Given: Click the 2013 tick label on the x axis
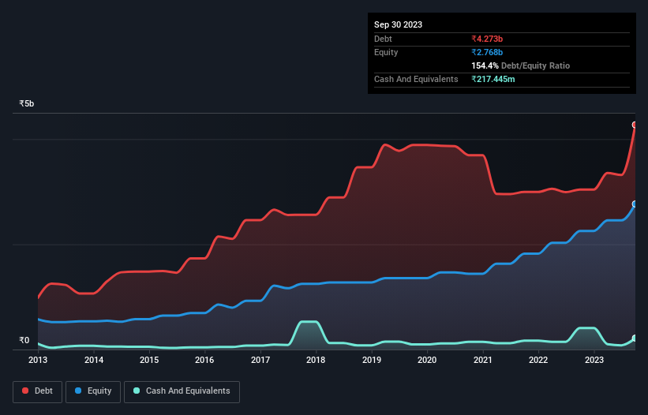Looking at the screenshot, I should click(38, 360).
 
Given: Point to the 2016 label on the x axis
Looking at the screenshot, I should click(204, 360).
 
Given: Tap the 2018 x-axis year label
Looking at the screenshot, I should click(316, 360).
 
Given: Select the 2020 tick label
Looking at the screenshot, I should click(426, 360).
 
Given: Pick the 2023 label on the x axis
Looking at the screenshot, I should click(594, 360).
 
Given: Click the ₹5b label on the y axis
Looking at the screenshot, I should click(27, 103).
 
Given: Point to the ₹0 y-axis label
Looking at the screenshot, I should click(24, 340).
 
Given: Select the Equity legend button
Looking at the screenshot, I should click(93, 391).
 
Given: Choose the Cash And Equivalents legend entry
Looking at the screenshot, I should click(182, 391).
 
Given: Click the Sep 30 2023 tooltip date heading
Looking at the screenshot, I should click(398, 24).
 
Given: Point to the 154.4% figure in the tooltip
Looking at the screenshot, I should click(485, 65).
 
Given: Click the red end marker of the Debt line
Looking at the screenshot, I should click(635, 125).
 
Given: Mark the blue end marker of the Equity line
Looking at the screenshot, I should click(635, 204).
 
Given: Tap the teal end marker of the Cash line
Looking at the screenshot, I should click(635, 338).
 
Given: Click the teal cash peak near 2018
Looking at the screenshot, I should click(308, 322).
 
